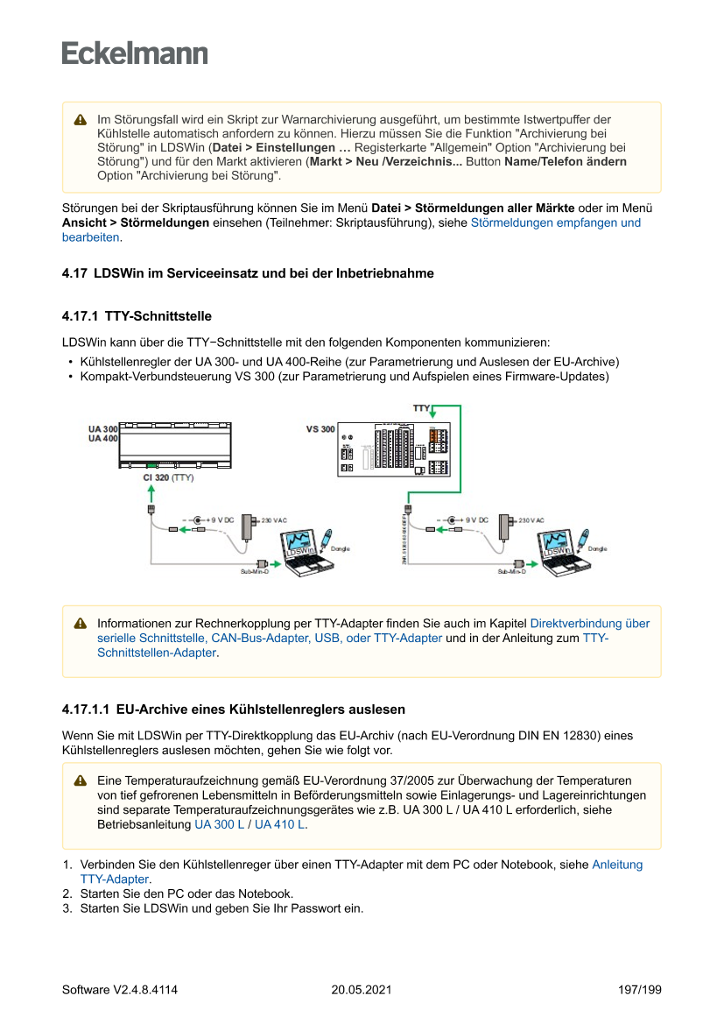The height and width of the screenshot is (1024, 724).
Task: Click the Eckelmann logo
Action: pos(135,53)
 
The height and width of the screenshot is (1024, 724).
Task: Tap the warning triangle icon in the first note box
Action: pos(80,119)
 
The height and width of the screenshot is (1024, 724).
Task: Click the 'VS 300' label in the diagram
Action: pos(320,429)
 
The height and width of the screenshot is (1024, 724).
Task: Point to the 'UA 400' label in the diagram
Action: pos(102,438)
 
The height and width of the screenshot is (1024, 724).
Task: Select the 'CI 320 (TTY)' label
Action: pos(168,478)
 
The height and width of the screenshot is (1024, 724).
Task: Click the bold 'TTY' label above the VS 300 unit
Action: pos(421,408)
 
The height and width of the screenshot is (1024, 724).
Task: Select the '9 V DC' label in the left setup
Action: pos(220,520)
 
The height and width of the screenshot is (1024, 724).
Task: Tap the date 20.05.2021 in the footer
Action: pos(361,990)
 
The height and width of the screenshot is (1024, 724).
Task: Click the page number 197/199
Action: pos(639,990)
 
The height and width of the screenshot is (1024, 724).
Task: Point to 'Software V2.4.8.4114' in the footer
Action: pos(120,990)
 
